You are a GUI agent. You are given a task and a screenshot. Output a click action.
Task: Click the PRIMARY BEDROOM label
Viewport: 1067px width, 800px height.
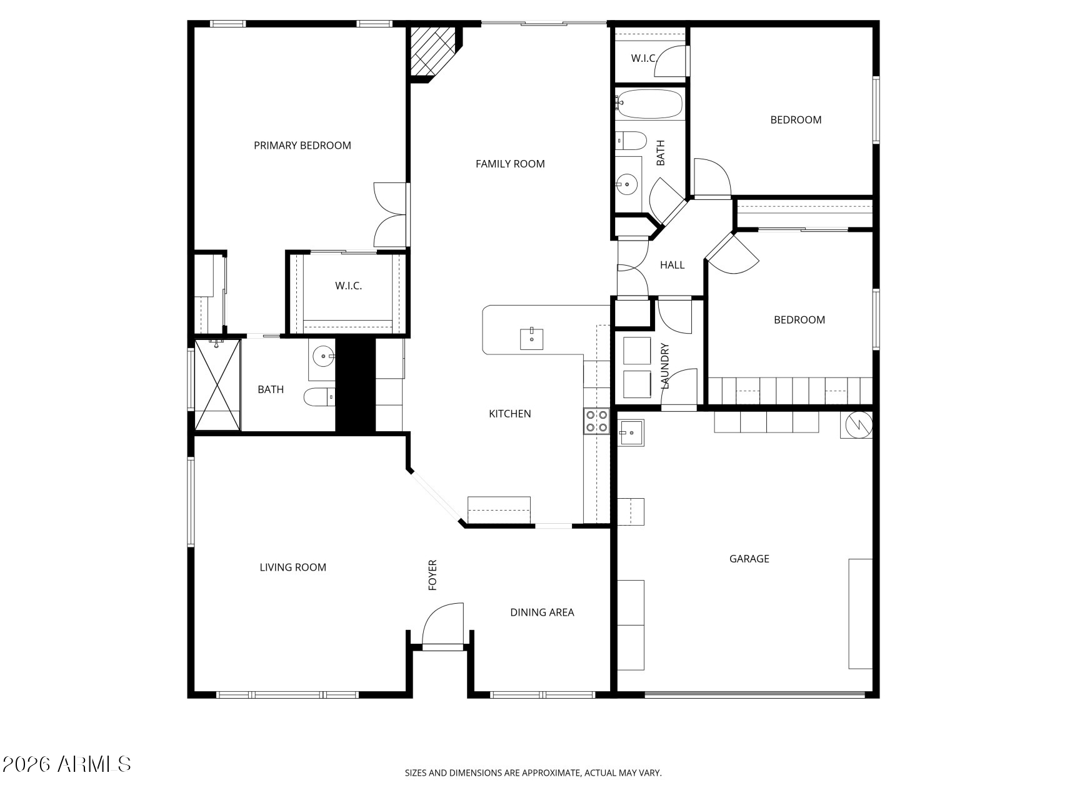click(x=302, y=146)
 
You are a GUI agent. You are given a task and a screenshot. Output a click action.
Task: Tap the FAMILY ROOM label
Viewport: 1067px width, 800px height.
click(x=510, y=164)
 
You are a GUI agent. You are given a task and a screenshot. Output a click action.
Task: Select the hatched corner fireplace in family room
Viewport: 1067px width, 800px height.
click(x=432, y=49)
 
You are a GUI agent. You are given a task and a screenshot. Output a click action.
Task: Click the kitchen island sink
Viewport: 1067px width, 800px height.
click(x=531, y=339)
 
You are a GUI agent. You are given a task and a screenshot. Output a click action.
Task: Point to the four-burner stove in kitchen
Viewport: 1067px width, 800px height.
click(x=596, y=421)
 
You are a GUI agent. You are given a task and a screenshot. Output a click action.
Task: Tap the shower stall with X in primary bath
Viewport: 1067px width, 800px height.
click(x=218, y=385)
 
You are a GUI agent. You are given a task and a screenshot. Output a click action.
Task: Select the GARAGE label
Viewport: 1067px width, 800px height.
click(x=749, y=559)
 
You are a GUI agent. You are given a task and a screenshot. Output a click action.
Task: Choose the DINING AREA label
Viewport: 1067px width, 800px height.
click(x=542, y=612)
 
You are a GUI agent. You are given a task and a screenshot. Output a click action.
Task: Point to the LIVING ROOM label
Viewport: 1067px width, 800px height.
click(x=293, y=567)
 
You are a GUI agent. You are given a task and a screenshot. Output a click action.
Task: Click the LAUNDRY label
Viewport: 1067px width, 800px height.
click(x=665, y=366)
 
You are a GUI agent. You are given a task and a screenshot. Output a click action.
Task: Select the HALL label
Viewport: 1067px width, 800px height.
click(x=672, y=265)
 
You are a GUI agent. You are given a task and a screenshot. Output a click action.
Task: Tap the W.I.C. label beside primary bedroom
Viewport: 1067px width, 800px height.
click(x=348, y=286)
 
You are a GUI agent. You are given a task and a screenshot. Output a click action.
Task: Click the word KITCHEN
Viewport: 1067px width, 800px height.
click(x=509, y=414)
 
